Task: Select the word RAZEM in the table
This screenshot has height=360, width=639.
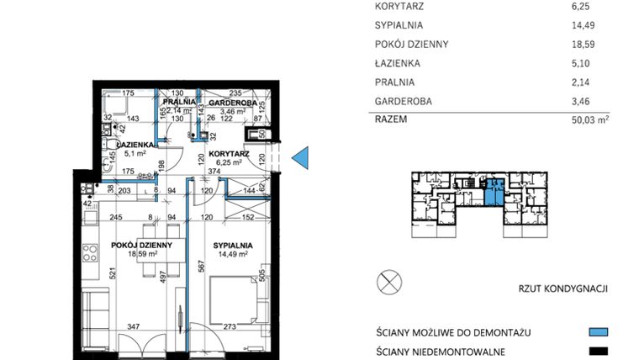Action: (x=391, y=119)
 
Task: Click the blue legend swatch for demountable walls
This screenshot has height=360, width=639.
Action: (x=598, y=332)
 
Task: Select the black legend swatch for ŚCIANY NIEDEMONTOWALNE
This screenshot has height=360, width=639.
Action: (x=598, y=351)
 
